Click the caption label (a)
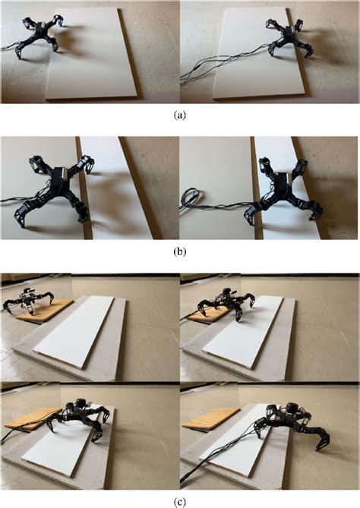click(x=179, y=115)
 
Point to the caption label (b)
click(x=179, y=251)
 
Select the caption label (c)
click(x=179, y=500)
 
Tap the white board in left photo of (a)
click(x=95, y=57)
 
